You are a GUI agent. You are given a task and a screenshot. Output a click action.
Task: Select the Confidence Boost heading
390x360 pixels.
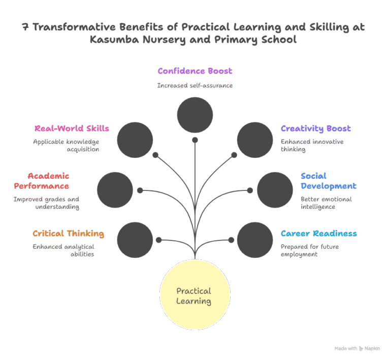point(194,71)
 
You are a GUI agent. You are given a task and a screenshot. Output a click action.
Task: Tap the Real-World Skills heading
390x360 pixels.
point(72,128)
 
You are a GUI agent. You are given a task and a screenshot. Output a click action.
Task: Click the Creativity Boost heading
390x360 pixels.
point(315,128)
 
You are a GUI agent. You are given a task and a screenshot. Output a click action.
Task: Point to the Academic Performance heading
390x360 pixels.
point(48,181)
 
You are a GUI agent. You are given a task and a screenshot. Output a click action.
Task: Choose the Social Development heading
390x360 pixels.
point(328,181)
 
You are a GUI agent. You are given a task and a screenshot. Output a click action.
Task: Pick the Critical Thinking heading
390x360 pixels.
point(68,234)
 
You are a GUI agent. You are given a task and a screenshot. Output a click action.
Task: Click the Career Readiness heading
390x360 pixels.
point(318,234)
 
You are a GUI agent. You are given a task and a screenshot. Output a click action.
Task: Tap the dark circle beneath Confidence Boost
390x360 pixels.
point(195,115)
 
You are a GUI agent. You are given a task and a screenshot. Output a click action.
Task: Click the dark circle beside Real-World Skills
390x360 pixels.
point(135,140)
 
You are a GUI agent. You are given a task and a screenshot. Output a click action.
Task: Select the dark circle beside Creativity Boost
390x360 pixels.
point(255,140)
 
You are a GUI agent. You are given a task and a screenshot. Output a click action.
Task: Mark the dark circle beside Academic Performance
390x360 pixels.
point(115,190)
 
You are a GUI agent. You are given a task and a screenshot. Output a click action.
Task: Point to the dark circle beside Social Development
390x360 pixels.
point(275,190)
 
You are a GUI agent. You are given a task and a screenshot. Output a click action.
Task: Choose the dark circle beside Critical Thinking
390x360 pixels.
point(135,240)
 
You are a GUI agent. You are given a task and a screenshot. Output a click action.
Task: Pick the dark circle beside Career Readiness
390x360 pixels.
point(255,240)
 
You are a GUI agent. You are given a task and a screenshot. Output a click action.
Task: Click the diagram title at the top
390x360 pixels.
point(193,34)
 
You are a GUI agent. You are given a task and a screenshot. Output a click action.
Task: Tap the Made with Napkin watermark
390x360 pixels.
point(357,348)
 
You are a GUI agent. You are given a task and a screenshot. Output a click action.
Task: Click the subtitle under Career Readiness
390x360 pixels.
point(309,250)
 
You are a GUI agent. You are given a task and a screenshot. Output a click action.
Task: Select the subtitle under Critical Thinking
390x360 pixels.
point(63,250)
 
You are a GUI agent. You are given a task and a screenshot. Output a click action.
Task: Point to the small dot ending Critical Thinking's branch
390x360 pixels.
point(158,240)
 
